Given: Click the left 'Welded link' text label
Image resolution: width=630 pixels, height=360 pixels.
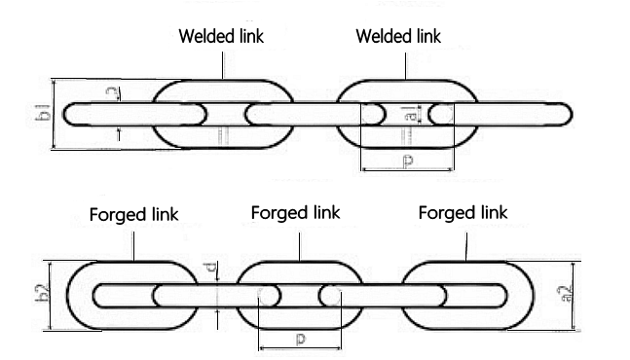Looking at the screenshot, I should pos(221,37).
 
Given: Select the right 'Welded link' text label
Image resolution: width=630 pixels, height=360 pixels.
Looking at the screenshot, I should pos(397,37).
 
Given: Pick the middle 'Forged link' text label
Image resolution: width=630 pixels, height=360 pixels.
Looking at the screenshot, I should pos(295,212).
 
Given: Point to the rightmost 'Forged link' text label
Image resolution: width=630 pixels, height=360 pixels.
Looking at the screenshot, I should pos(463,212).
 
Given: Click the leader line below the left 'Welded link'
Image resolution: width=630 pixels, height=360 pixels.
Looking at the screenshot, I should pos(223,63).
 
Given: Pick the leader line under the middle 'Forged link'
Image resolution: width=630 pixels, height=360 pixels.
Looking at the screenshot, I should pos(300,242).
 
